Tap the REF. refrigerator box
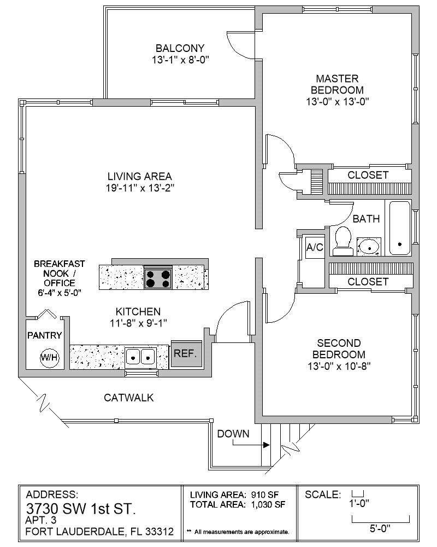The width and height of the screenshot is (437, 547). pyautogui.click(x=186, y=354)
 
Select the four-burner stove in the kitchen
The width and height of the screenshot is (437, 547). pyautogui.click(x=158, y=277)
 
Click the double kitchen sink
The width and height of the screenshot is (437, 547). pyautogui.click(x=141, y=357)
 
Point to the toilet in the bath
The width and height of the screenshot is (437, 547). pyautogui.click(x=343, y=241)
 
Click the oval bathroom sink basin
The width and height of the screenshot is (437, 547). pyautogui.click(x=369, y=247)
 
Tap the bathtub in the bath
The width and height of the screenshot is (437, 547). pyautogui.click(x=399, y=228)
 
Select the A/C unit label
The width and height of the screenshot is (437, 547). pyautogui.click(x=315, y=247)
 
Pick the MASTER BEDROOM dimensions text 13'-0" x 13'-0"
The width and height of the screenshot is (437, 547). pyautogui.click(x=338, y=101)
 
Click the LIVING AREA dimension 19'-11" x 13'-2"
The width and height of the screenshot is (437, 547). pyautogui.click(x=140, y=188)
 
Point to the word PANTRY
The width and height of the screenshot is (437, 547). pyautogui.click(x=44, y=335)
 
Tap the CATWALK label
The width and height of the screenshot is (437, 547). pyautogui.click(x=129, y=398)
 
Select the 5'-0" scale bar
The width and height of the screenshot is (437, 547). pyautogui.click(x=381, y=517)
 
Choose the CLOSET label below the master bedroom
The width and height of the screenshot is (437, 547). pyautogui.click(x=368, y=175)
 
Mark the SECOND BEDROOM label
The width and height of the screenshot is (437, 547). pyautogui.click(x=339, y=348)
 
